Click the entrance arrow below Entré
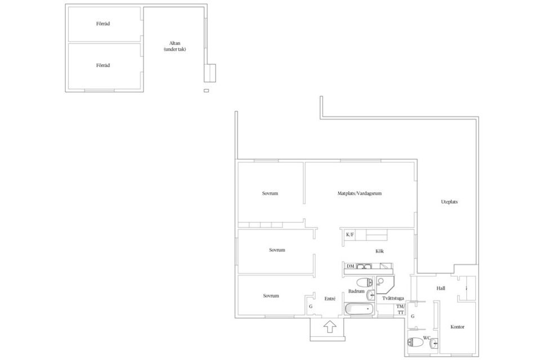coord(330,326)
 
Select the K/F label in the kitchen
coord(350,235)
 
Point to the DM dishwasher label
coord(350,266)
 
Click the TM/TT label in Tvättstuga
coord(400,309)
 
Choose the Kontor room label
coord(457,327)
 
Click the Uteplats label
coord(449,201)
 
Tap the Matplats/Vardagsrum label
coord(360,193)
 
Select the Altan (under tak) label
coord(174,46)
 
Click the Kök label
coord(380,251)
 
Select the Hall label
coord(441,288)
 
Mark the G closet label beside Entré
coord(310,306)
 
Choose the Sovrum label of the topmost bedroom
coord(270,193)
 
